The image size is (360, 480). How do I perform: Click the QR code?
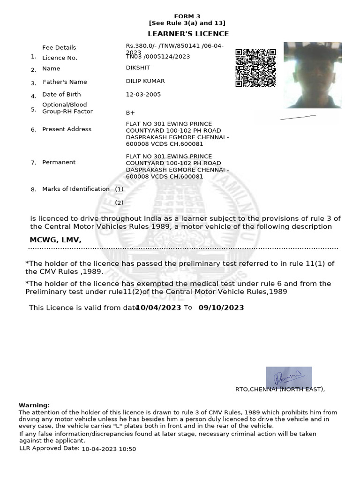[255, 68]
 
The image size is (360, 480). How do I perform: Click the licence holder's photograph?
[313, 75]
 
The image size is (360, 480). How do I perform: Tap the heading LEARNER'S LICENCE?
[188, 34]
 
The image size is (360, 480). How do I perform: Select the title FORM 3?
[187, 16]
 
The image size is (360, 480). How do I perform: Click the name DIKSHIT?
[135, 68]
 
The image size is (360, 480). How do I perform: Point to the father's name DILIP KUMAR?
[145, 81]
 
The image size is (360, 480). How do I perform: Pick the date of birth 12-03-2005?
[143, 94]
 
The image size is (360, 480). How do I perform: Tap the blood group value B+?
[130, 113]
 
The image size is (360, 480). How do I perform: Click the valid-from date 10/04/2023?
[158, 307]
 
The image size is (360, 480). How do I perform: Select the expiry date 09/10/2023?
[221, 307]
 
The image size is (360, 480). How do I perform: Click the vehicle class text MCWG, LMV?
[56, 240]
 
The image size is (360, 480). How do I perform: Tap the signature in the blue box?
[289, 377]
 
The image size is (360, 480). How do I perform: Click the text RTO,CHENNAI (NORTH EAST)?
[280, 389]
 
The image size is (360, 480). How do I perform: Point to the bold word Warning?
[34, 405]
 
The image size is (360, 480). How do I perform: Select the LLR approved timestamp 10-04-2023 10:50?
[109, 449]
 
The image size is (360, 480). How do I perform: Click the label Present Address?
[67, 129]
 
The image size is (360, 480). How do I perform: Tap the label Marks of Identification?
[76, 189]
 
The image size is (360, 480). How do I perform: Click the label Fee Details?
[59, 47]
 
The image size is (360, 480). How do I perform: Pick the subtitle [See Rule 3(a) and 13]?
[187, 23]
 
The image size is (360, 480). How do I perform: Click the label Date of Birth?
[61, 94]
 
